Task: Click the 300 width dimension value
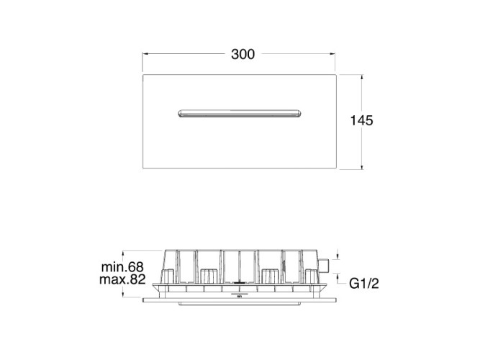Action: tap(243, 54)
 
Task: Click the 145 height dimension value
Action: tap(361, 120)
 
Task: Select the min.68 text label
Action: tap(122, 267)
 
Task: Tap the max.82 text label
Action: tap(122, 279)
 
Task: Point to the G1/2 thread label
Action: tap(364, 284)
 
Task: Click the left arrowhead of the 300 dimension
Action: tap(145, 54)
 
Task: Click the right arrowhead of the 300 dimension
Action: tap(332, 54)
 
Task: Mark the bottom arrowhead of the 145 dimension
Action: tap(362, 166)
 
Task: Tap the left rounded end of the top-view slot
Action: tap(180, 113)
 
